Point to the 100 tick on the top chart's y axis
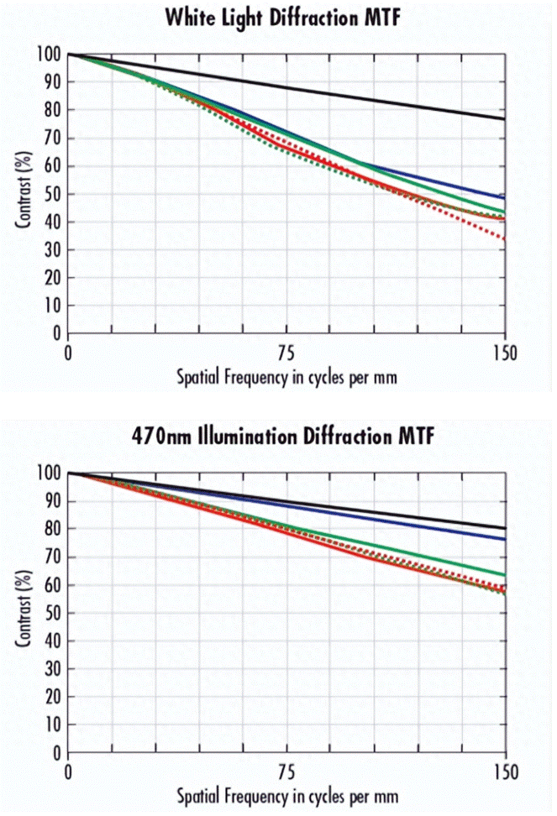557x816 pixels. pos(50,55)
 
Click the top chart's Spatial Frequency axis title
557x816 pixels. pos(286,376)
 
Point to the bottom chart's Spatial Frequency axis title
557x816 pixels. pos(286,794)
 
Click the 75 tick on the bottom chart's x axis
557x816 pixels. pos(286,769)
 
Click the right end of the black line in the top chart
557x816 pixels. pos(505,119)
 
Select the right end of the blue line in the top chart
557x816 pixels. pos(505,198)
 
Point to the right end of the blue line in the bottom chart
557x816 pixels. pos(505,539)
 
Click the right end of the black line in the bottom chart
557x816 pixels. pos(505,528)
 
